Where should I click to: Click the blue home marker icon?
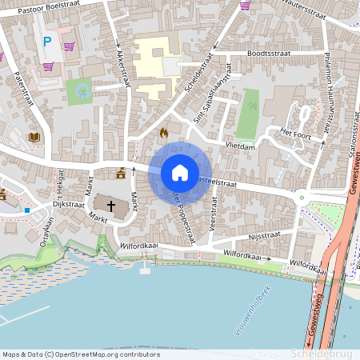(x=179, y=173)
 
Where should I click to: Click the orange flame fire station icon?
(x=164, y=132)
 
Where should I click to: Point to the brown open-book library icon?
(x=34, y=138)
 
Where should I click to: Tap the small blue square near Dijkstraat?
(x=26, y=210)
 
